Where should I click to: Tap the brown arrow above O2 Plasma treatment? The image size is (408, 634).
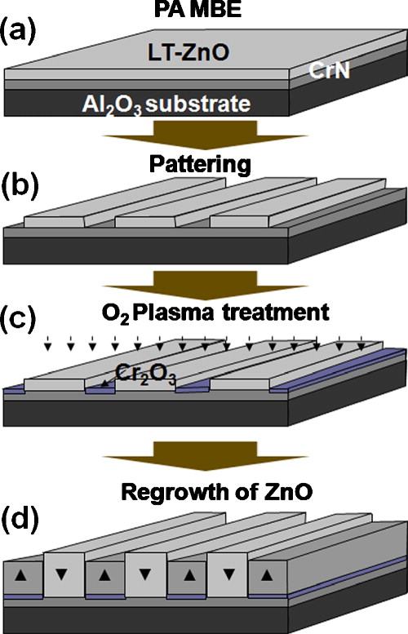(203, 282)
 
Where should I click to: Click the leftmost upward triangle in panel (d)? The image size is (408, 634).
(26, 575)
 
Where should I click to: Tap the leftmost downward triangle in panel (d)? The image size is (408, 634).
(66, 575)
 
